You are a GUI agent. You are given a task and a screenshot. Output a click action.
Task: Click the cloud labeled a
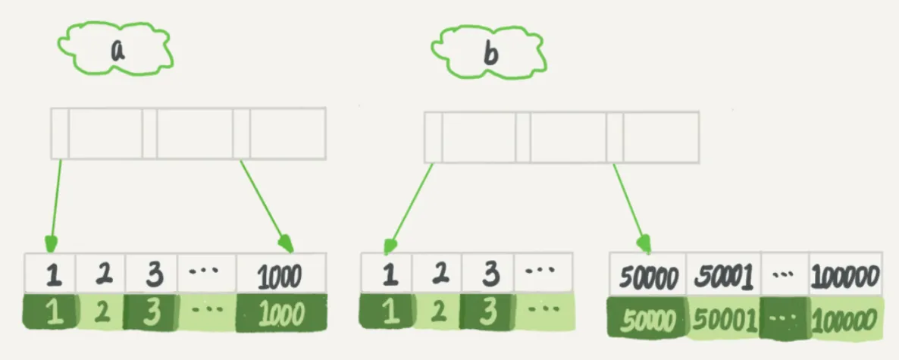tap(118, 51)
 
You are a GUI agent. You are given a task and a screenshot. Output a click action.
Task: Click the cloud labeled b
tap(490, 53)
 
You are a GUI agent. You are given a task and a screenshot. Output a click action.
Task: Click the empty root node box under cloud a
tap(188, 133)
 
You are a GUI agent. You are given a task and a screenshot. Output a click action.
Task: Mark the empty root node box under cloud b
tap(562, 138)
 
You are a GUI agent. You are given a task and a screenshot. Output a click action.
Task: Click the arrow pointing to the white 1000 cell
tap(265, 205)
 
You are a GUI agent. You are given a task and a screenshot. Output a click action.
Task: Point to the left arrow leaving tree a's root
tap(55, 205)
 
